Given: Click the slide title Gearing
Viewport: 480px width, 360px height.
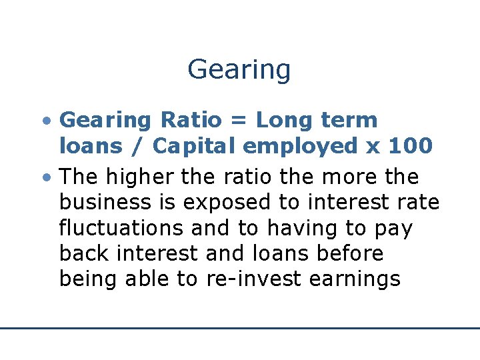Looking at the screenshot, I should coord(239,70).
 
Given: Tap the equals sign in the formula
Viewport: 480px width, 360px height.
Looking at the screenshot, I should coord(237,121).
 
